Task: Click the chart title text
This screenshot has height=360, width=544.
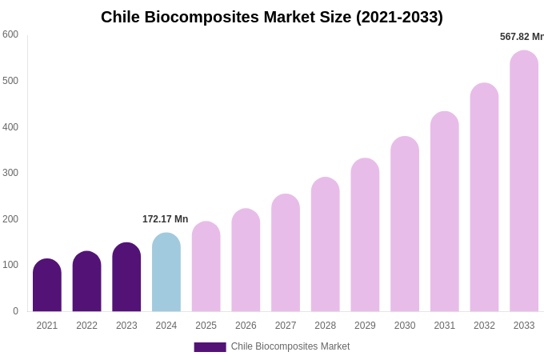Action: pos(272,17)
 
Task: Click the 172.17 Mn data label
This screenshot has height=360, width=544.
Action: pos(165,219)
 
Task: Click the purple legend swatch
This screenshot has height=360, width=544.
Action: pos(210,347)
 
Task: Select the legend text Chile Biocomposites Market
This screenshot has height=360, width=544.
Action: pos(290,346)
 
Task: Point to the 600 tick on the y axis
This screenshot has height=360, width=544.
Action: pos(10,34)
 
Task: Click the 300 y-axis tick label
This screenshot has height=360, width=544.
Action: pos(10,173)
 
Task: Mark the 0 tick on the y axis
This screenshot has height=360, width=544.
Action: pos(15,311)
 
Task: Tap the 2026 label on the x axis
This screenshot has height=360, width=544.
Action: pos(246,326)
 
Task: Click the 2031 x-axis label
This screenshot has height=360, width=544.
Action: pos(445,326)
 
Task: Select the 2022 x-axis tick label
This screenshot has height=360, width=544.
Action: pos(86,326)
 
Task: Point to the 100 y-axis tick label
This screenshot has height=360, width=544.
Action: pos(10,265)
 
